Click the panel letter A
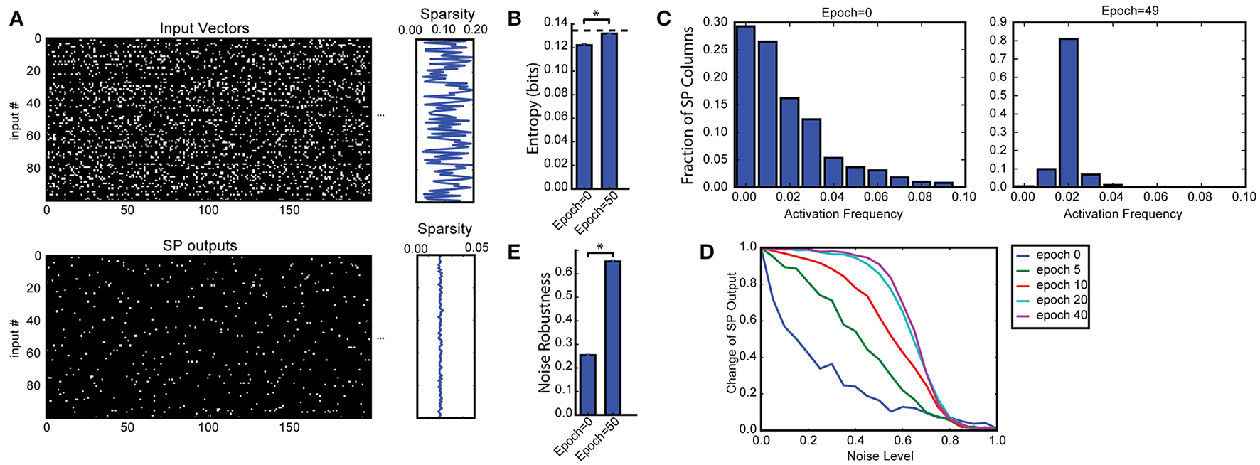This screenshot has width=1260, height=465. [x=16, y=19]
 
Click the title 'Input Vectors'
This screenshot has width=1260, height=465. [x=204, y=28]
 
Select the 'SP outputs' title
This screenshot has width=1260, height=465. [x=200, y=246]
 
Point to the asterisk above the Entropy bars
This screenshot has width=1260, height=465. [x=596, y=14]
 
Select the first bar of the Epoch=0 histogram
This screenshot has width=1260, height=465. [x=745, y=107]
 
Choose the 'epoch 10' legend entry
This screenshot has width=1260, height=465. [x=1062, y=284]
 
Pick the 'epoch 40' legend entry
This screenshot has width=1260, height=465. [x=1062, y=315]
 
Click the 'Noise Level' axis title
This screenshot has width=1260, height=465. [x=880, y=456]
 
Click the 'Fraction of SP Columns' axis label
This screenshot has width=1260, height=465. [x=688, y=105]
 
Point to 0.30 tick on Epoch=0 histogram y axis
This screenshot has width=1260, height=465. [x=715, y=22]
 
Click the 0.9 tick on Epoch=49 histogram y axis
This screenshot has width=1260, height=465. [x=998, y=22]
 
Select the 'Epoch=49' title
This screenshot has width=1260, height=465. [x=1130, y=11]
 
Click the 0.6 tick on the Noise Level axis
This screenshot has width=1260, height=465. [x=903, y=440]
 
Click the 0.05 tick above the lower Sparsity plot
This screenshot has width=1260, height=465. [x=476, y=247]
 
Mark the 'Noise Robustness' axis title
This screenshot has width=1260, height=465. [x=545, y=332]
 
